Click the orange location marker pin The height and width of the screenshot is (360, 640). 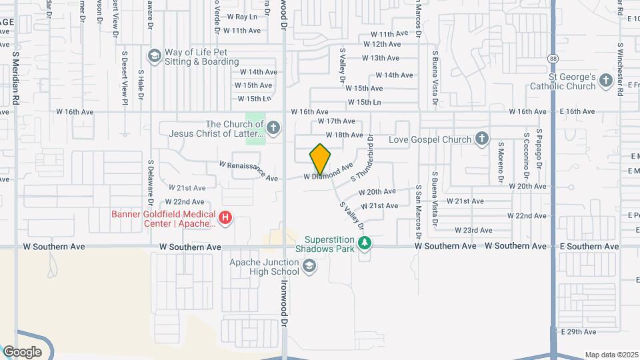320,159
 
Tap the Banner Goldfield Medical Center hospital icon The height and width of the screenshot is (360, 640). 225,217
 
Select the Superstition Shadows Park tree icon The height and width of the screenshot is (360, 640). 364,243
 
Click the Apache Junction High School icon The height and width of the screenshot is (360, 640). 309,267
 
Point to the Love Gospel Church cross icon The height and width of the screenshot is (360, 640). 482,139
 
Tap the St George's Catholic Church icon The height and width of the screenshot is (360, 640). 605,81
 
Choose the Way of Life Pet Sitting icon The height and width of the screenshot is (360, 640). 155,55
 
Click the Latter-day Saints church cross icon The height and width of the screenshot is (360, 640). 272,127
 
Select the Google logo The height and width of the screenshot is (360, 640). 22,351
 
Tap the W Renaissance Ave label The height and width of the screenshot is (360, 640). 248,171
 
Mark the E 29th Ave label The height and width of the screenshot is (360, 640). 577,331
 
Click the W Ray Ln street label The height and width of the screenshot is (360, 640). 242,17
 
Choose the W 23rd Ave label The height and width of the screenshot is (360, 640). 473,230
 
